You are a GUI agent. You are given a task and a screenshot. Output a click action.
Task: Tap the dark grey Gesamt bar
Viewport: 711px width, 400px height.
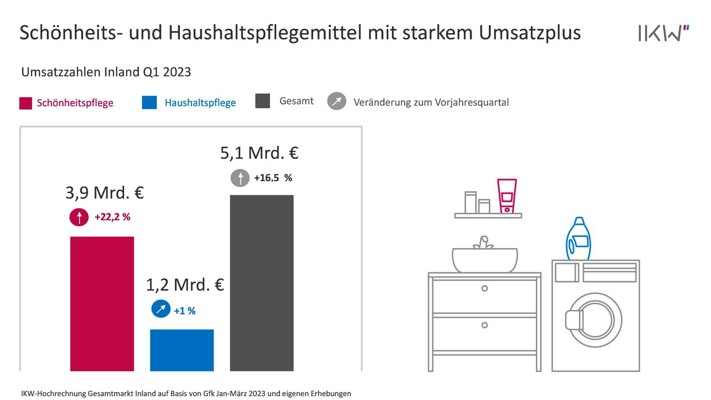click(262, 283)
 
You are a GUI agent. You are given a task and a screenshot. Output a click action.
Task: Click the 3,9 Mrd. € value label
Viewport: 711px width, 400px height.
click(105, 193)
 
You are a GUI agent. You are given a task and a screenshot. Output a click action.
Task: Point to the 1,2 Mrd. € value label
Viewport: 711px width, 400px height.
click(185, 285)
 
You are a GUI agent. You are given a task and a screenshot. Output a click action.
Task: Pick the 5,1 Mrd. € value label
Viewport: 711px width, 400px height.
click(259, 153)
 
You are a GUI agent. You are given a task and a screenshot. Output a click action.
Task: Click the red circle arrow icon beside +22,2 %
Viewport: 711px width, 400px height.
click(79, 217)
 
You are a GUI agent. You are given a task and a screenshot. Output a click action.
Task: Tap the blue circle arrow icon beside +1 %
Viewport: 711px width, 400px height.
click(161, 309)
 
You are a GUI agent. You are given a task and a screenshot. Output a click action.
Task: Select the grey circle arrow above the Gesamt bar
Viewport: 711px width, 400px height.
click(240, 178)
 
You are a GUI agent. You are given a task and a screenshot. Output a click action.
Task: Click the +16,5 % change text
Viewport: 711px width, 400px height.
click(273, 178)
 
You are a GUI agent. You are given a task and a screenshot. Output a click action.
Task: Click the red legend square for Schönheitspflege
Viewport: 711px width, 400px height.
click(26, 103)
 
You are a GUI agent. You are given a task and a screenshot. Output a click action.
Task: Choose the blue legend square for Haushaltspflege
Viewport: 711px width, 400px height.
click(149, 102)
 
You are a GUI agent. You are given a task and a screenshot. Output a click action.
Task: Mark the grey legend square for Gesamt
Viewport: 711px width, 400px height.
click(263, 101)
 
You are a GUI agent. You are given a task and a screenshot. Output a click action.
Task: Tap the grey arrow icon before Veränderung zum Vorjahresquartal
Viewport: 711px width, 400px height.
click(336, 101)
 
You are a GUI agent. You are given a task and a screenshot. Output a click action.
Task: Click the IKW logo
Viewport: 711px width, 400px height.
click(663, 33)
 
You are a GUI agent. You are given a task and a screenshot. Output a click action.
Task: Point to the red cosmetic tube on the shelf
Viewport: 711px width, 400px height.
click(507, 196)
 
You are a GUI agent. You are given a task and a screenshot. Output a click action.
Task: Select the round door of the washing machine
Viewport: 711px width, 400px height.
click(595, 320)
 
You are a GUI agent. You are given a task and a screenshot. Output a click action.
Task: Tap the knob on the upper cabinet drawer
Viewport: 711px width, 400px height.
click(485, 288)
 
